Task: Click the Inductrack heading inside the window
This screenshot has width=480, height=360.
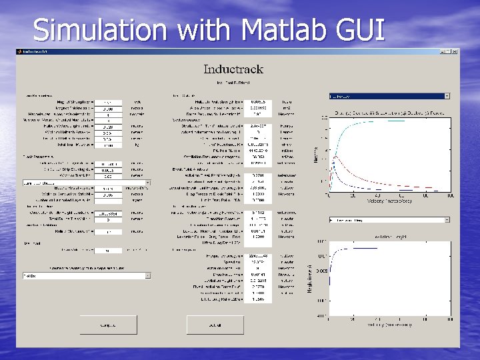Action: tap(233, 69)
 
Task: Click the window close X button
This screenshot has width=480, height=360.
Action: tap(456, 51)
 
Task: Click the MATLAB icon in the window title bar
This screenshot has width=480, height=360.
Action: tap(20, 51)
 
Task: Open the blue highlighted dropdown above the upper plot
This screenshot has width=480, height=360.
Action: tap(389, 96)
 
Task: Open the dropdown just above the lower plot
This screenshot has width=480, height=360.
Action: tap(389, 219)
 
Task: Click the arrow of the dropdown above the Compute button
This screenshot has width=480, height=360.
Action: tap(147, 275)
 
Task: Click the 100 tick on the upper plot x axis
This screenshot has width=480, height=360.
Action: tap(450, 196)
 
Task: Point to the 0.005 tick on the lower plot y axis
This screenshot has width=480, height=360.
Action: tap(321, 272)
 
